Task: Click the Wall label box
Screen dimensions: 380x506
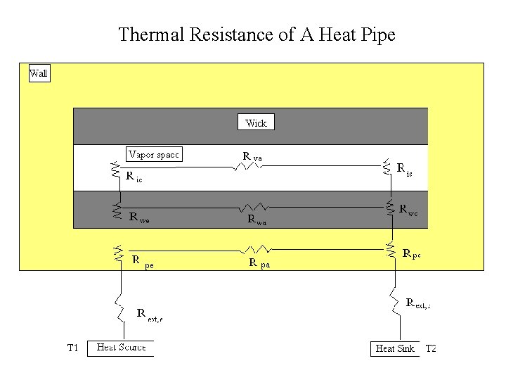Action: click(x=39, y=73)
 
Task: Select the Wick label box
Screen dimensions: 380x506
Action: click(x=256, y=122)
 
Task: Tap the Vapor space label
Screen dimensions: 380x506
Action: click(x=154, y=154)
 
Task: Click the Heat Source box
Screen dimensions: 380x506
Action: click(x=120, y=348)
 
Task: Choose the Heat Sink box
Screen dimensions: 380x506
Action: click(x=394, y=348)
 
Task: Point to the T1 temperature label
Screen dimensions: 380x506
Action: click(x=72, y=348)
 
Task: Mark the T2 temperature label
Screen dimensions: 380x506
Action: click(x=431, y=348)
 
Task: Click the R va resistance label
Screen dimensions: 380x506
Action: click(x=252, y=156)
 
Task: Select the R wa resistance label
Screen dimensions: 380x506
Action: click(x=257, y=219)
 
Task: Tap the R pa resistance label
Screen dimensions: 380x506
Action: click(x=259, y=263)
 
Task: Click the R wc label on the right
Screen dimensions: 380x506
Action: click(x=408, y=210)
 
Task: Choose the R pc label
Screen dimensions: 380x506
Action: click(x=411, y=253)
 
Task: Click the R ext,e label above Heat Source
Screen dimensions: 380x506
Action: click(x=150, y=314)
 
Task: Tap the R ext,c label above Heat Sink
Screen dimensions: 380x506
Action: click(x=418, y=303)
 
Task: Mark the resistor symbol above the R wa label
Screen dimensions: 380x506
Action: click(x=253, y=208)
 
